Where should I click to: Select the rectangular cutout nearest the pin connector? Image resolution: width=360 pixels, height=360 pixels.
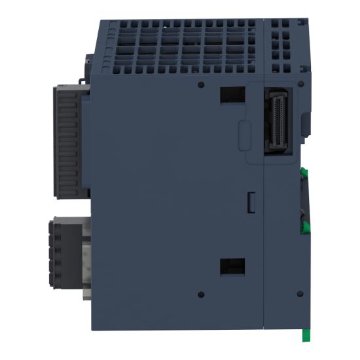pyautogui.click(x=232, y=96)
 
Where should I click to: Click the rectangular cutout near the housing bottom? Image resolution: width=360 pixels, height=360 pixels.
pyautogui.click(x=232, y=266)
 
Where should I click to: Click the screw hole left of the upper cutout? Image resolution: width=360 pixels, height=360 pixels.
pyautogui.click(x=200, y=85)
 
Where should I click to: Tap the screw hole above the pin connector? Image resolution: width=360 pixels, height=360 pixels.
pyautogui.click(x=298, y=85)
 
